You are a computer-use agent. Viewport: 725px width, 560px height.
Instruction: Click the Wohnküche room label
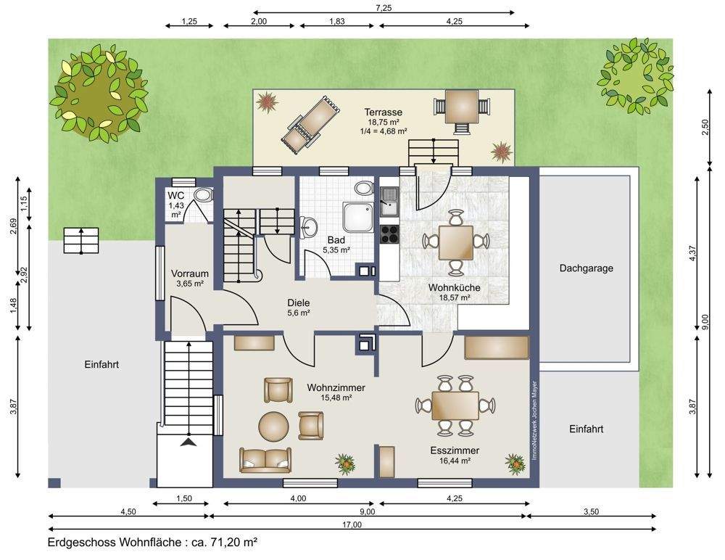(x=454, y=287)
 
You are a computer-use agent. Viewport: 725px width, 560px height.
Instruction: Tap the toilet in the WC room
(x=203, y=195)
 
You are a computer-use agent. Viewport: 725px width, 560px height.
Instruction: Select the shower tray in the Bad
(x=357, y=217)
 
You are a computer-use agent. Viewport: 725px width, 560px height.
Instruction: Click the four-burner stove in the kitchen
(x=389, y=234)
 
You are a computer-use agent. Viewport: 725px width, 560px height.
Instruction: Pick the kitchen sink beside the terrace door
(x=389, y=202)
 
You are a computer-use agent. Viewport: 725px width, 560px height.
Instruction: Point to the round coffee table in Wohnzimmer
(x=274, y=427)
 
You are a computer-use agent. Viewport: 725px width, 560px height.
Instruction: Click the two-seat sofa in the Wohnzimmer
(x=265, y=460)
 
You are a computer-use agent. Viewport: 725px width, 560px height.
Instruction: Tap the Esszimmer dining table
(x=455, y=406)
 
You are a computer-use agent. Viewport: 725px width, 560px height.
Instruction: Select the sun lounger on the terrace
(x=311, y=123)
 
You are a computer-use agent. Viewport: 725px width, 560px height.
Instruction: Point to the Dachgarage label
(x=587, y=268)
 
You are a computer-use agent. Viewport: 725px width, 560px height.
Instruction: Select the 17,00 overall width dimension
(x=352, y=524)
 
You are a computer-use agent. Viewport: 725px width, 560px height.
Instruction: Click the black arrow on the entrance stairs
(x=188, y=443)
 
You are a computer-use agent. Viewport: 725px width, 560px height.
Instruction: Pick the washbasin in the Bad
(x=309, y=227)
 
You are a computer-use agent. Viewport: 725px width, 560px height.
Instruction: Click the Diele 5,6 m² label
(x=298, y=308)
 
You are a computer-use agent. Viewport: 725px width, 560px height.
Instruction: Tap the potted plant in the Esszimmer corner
(x=514, y=464)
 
